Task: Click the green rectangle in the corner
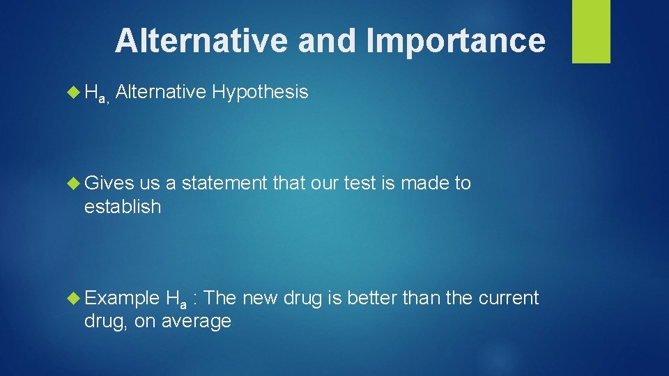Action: pyautogui.click(x=591, y=31)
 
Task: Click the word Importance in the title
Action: pyautogui.click(x=456, y=40)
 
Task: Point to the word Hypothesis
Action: pyautogui.click(x=261, y=92)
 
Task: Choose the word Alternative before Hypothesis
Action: pyautogui.click(x=161, y=92)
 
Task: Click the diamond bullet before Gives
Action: pyautogui.click(x=73, y=184)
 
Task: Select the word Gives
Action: pyautogui.click(x=109, y=184)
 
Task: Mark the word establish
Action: pyautogui.click(x=122, y=207)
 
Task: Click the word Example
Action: pyautogui.click(x=122, y=299)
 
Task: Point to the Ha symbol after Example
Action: pyautogui.click(x=176, y=300)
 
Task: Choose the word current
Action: pyautogui.click(x=508, y=299)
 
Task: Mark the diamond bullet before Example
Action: pyautogui.click(x=73, y=299)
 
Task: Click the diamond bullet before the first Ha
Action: pyautogui.click(x=73, y=92)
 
